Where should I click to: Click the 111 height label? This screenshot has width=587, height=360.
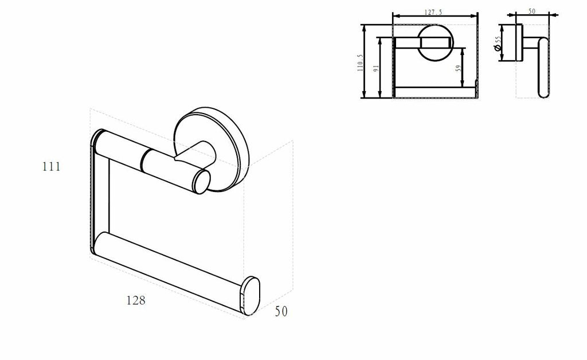(x=51, y=166)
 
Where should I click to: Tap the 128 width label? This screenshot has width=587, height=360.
(x=135, y=300)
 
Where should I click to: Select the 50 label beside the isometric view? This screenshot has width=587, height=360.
(x=281, y=311)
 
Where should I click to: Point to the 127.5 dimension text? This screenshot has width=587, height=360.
(x=433, y=12)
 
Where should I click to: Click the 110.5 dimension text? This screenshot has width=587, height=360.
(x=360, y=62)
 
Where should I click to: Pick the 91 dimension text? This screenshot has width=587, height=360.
(x=376, y=68)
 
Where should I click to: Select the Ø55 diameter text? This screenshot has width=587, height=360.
(x=498, y=44)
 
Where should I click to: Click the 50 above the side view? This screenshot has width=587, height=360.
(x=531, y=11)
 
